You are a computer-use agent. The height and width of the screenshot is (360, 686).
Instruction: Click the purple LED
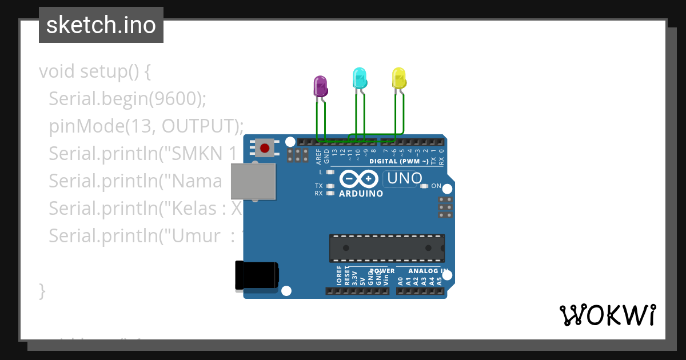tap(320, 87)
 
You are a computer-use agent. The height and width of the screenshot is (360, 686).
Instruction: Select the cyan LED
tap(359, 78)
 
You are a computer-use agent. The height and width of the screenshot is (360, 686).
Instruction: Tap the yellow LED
tap(398, 78)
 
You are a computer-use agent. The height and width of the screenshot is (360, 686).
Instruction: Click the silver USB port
tap(253, 181)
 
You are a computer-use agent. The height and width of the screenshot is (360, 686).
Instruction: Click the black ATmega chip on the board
tap(386, 247)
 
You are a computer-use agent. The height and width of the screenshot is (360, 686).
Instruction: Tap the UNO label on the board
tap(404, 178)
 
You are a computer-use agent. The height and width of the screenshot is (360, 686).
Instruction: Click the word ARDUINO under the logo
tap(361, 194)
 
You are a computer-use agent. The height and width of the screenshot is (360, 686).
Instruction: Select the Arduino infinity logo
tap(358, 179)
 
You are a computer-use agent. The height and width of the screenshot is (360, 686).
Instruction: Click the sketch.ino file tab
tap(101, 25)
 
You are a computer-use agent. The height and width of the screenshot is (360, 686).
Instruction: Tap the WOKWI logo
tap(607, 315)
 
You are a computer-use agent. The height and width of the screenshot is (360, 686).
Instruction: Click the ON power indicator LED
tap(424, 186)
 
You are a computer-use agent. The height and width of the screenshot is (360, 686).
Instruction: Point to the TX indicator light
tap(329, 186)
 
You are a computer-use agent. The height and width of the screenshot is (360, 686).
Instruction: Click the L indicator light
tap(329, 172)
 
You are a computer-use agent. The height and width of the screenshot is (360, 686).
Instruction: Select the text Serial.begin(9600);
tap(127, 99)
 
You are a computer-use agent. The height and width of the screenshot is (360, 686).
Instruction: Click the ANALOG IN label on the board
tap(428, 271)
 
